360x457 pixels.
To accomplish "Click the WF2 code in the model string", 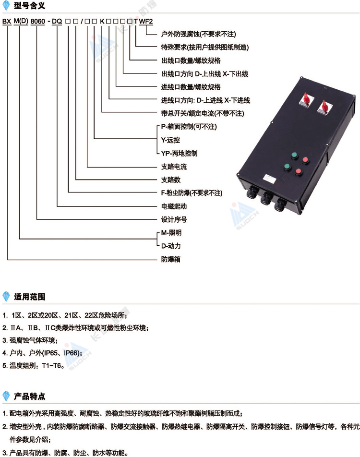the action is tap(146, 21).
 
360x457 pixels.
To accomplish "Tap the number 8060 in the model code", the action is tap(38, 21).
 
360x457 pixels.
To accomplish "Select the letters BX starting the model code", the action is tap(7, 21).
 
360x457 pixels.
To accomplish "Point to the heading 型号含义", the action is tap(29, 5).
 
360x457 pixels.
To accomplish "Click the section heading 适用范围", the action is tap(29, 297).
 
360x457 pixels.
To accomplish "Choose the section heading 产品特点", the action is tap(29, 396).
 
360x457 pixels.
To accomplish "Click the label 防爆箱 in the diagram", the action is tap(171, 259).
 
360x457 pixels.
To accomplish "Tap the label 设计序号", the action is tap(174, 219).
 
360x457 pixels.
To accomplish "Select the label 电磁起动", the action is tap(174, 206).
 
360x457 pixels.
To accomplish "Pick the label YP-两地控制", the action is tap(179, 153).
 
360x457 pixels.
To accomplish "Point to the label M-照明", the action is tap(171, 232).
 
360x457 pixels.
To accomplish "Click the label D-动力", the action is tap(171, 246).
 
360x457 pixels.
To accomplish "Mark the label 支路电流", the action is tap(174, 167).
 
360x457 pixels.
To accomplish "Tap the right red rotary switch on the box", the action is tap(324, 107).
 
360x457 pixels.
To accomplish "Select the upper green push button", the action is tap(294, 156).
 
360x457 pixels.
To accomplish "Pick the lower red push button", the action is tap(298, 172).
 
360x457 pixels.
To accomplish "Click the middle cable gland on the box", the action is tap(266, 198).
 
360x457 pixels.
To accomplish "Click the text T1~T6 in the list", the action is tap(51, 365).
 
